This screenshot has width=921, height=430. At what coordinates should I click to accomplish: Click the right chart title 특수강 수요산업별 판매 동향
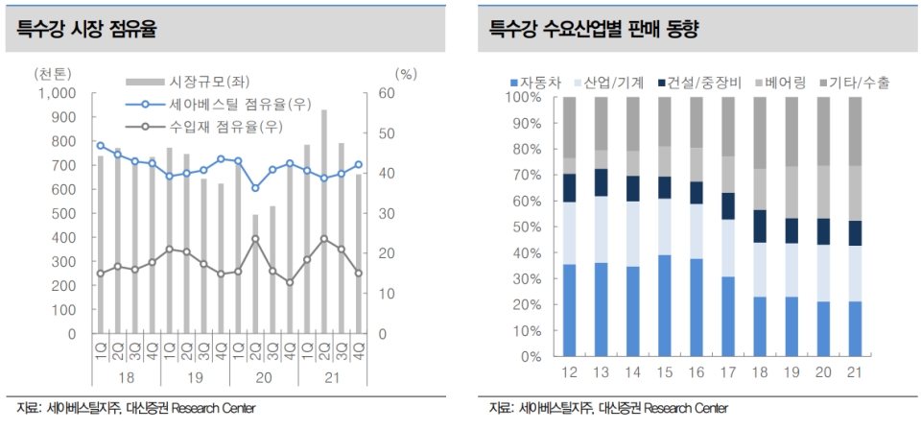(594, 30)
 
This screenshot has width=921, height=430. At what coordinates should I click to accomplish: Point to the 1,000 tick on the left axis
(56, 93)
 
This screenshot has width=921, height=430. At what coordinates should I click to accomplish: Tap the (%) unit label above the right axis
(406, 74)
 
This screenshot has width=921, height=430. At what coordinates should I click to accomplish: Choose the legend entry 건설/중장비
(711, 83)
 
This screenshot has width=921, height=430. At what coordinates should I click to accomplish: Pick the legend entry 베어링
(789, 83)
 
